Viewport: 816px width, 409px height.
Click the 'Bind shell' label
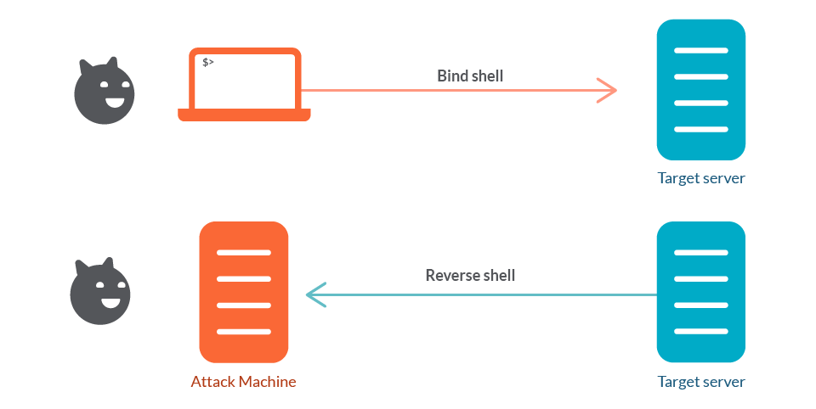pos(470,76)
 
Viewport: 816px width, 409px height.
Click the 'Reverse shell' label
pos(470,275)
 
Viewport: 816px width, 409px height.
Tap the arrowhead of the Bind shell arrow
pos(609,90)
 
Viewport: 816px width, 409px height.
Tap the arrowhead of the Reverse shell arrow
pos(314,294)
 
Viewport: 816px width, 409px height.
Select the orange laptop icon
pos(244,84)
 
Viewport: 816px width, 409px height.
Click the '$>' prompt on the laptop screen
pos(207,62)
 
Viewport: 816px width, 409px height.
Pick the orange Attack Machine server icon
pos(243,292)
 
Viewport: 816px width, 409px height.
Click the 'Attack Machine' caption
pos(243,382)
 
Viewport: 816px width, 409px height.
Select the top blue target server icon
pos(700,90)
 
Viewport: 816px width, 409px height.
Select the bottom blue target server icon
pos(700,292)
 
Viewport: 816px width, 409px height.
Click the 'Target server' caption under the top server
pos(700,178)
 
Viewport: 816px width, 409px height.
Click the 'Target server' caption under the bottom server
pos(700,382)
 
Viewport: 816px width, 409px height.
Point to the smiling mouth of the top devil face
pos(112,104)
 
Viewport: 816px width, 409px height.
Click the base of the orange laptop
pos(244,115)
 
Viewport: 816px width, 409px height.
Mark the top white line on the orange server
pos(243,253)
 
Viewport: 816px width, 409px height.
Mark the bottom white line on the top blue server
pos(700,129)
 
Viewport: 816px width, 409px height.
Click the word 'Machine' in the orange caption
pos(267,382)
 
